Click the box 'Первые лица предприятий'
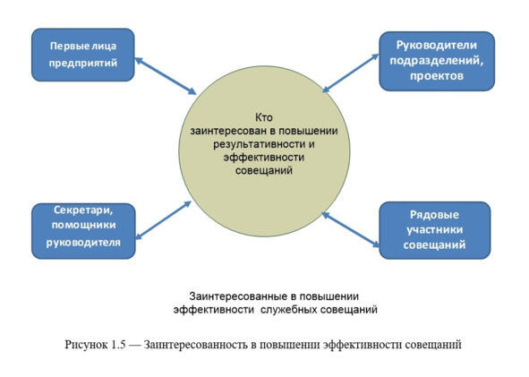click(83, 55)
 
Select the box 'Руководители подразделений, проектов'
click(437, 61)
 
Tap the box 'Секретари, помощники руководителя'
click(83, 231)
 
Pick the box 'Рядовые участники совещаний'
click(435, 230)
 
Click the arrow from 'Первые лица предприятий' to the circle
click(166, 76)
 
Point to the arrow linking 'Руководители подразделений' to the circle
click(351, 73)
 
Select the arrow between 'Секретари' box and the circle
click(163, 220)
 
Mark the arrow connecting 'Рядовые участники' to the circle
click(351, 230)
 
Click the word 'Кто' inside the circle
click(263, 118)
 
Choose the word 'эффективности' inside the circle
click(264, 158)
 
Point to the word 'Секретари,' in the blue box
click(83, 210)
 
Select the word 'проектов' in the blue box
click(437, 76)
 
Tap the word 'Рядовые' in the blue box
click(434, 215)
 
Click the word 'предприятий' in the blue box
click(83, 63)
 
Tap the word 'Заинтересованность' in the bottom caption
click(195, 345)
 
